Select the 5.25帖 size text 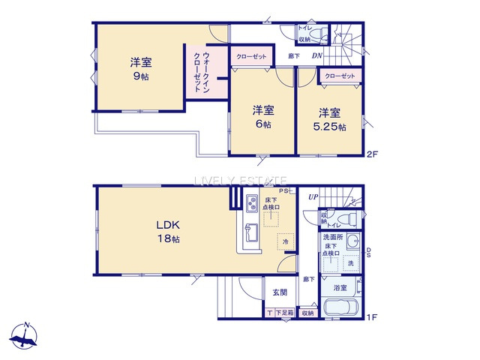point(330,127)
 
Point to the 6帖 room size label point(262,124)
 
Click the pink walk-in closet point(202,71)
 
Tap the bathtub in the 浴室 point(340,309)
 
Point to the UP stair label point(312,197)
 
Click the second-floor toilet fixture point(318,34)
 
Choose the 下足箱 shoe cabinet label point(283,313)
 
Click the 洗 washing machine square point(349,263)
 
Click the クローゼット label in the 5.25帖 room point(340,76)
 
